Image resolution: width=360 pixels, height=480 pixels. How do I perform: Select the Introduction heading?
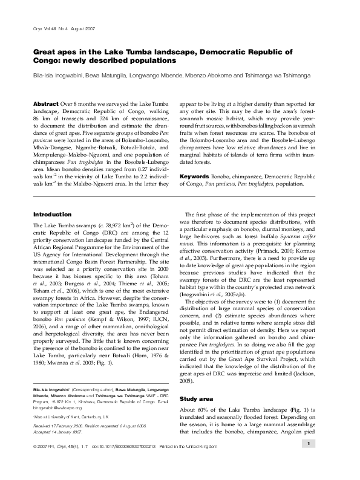tap(52, 215)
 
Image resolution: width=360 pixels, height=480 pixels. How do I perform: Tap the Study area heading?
tap(197, 400)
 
